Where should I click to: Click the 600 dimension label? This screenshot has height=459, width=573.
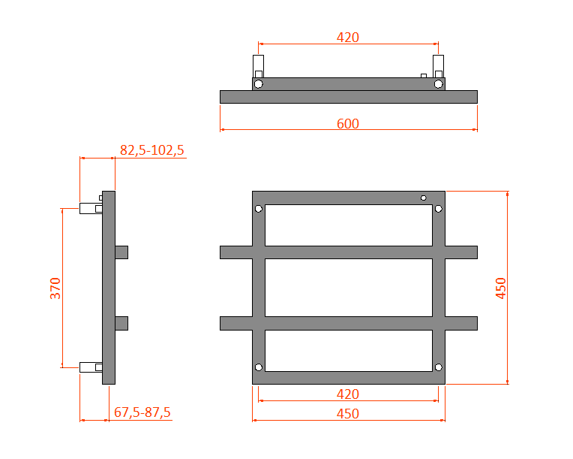pos(348,124)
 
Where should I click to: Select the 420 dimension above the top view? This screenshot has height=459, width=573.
pos(348,38)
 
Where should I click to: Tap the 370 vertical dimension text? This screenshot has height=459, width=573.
pos(55,288)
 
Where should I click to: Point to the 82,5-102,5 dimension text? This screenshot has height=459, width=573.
pos(152,150)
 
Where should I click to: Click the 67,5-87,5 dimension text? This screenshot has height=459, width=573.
pos(142,412)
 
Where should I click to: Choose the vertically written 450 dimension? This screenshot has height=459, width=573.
pos(502,288)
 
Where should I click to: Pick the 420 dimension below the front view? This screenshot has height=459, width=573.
pos(348,394)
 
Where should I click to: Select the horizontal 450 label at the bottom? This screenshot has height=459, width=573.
pos(348,414)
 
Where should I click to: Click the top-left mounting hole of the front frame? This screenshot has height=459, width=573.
pos(259,209)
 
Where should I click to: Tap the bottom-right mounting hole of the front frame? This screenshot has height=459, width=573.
pos(439,367)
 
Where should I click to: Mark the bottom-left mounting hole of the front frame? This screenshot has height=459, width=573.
pos(259,367)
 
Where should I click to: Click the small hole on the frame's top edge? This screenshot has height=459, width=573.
pos(424,198)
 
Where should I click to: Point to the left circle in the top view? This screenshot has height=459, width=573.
pos(259,84)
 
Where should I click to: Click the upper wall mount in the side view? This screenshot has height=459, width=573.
pos(91,209)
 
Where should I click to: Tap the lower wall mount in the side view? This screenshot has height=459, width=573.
pos(91,367)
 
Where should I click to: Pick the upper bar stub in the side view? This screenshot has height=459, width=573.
pos(121,252)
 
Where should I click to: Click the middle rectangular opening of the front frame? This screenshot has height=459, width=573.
pos(348,288)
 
